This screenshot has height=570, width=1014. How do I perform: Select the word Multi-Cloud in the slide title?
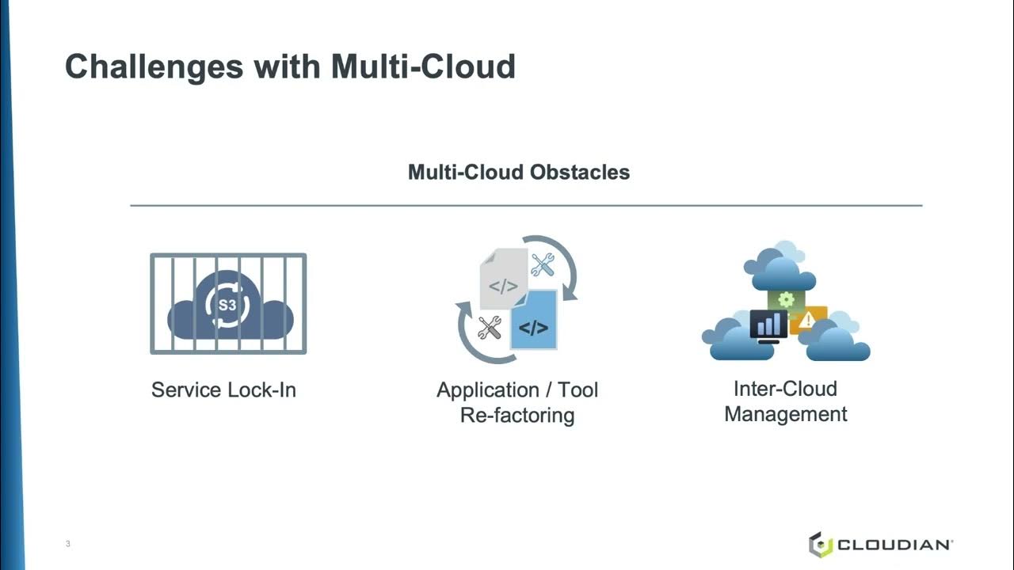(423, 66)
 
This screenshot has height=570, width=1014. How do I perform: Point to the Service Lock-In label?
(223, 389)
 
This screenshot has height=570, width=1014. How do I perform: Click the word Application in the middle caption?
(487, 390)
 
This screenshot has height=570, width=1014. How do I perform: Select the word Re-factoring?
(517, 416)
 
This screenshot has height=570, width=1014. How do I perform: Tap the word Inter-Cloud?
(785, 389)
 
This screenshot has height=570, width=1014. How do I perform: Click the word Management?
(785, 413)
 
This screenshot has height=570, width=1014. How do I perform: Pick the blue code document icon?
(533, 321)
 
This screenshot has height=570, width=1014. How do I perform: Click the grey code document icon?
(503, 279)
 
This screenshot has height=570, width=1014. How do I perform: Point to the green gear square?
(786, 299)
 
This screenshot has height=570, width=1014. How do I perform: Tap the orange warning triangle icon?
(807, 320)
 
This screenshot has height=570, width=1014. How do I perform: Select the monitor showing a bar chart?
(768, 325)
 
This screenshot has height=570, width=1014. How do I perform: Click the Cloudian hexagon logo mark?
(820, 544)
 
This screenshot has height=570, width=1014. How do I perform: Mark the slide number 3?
(68, 544)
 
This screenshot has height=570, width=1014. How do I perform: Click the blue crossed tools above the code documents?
(543, 264)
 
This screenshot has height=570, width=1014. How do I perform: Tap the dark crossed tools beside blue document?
(490, 328)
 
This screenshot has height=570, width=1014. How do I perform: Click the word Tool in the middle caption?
(578, 390)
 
